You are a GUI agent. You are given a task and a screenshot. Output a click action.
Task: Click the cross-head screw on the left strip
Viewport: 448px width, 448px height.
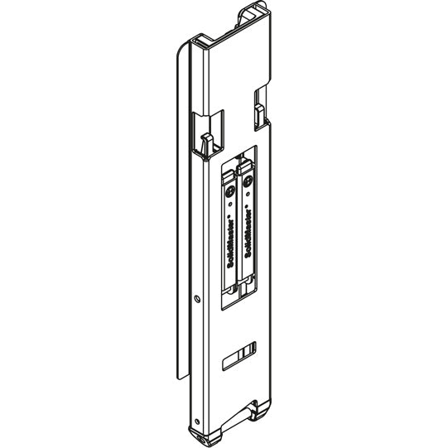pos(229,191)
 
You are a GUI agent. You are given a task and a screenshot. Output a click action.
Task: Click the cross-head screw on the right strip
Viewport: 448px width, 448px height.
pos(248,187)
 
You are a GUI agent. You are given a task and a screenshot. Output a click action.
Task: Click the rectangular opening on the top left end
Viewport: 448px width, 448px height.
pos(199,41)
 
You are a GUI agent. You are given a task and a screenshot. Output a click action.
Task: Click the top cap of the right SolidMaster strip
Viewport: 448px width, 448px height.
pos(247,169)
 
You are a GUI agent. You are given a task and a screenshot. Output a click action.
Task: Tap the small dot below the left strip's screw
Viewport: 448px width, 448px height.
pos(229,205)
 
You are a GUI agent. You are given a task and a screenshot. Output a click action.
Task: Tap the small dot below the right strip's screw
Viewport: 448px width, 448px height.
pos(248,200)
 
